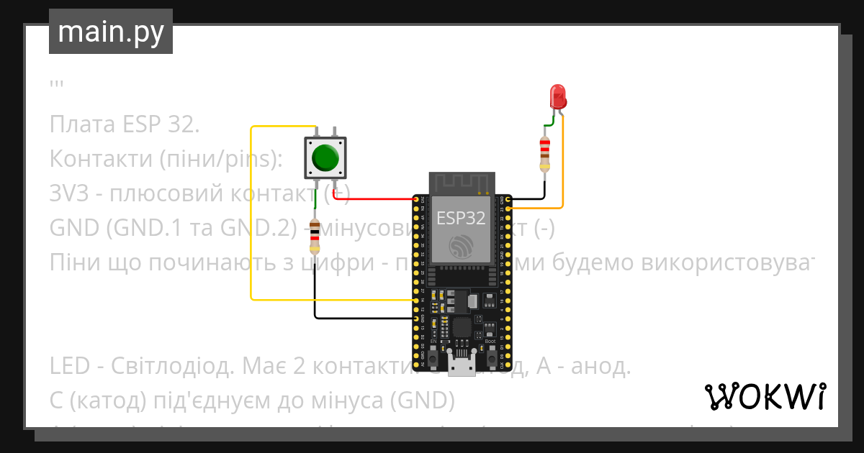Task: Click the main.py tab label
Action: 110,32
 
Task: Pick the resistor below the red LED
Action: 545,153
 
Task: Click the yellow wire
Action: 251,216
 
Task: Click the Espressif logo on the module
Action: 461,247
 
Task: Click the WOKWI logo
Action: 765,396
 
